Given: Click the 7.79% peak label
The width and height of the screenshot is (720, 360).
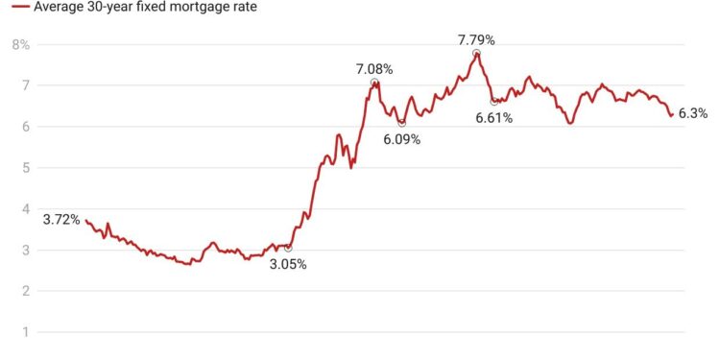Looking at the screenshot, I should click(476, 40).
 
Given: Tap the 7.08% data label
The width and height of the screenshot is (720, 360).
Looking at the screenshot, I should click(374, 69).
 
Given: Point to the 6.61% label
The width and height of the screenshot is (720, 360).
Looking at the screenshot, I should click(494, 118).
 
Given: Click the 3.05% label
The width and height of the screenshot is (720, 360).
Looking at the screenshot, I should click(288, 264).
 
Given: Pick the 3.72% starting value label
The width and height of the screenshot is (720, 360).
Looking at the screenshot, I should click(61, 220).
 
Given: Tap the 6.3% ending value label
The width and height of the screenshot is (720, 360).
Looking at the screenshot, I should click(692, 113).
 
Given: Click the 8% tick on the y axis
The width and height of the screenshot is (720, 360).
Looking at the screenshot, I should click(20, 44).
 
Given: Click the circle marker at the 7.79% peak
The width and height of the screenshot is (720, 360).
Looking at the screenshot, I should click(476, 54).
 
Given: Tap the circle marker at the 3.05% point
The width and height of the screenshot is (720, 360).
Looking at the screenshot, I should click(288, 248).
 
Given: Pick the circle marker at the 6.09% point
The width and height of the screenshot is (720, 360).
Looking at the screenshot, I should click(401, 123).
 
